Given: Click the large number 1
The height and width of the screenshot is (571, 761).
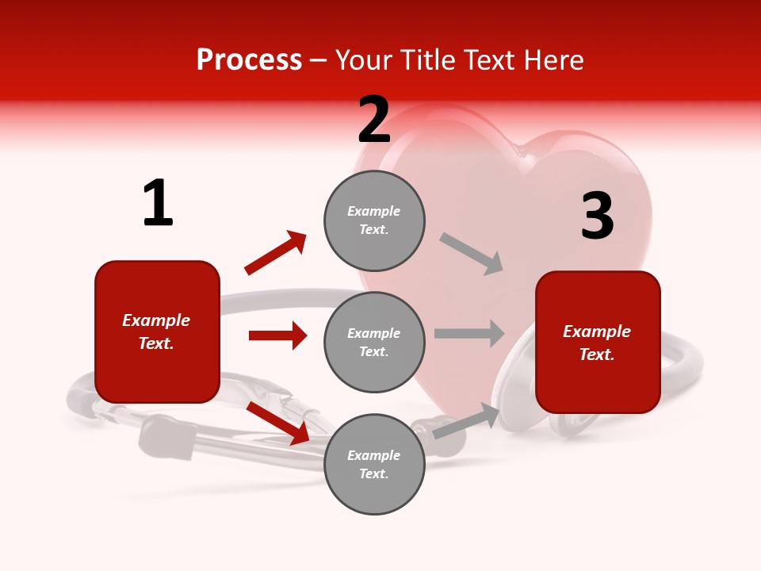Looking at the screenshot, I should pyautogui.click(x=158, y=204).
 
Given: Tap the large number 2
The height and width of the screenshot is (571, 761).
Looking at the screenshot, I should pyautogui.click(x=374, y=120).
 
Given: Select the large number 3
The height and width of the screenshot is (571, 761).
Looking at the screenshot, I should pyautogui.click(x=597, y=217).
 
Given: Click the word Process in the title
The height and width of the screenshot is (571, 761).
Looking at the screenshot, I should pyautogui.click(x=249, y=59).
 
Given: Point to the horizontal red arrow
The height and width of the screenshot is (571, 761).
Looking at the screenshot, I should pyautogui.click(x=277, y=335).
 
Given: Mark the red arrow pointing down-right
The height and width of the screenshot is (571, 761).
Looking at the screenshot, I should pyautogui.click(x=278, y=423).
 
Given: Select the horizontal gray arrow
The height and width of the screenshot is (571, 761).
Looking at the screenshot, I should pyautogui.click(x=469, y=333).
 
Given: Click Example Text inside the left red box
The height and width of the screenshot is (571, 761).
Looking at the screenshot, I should pyautogui.click(x=156, y=331).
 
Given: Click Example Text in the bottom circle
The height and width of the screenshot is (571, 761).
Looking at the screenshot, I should pyautogui.click(x=374, y=464).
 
